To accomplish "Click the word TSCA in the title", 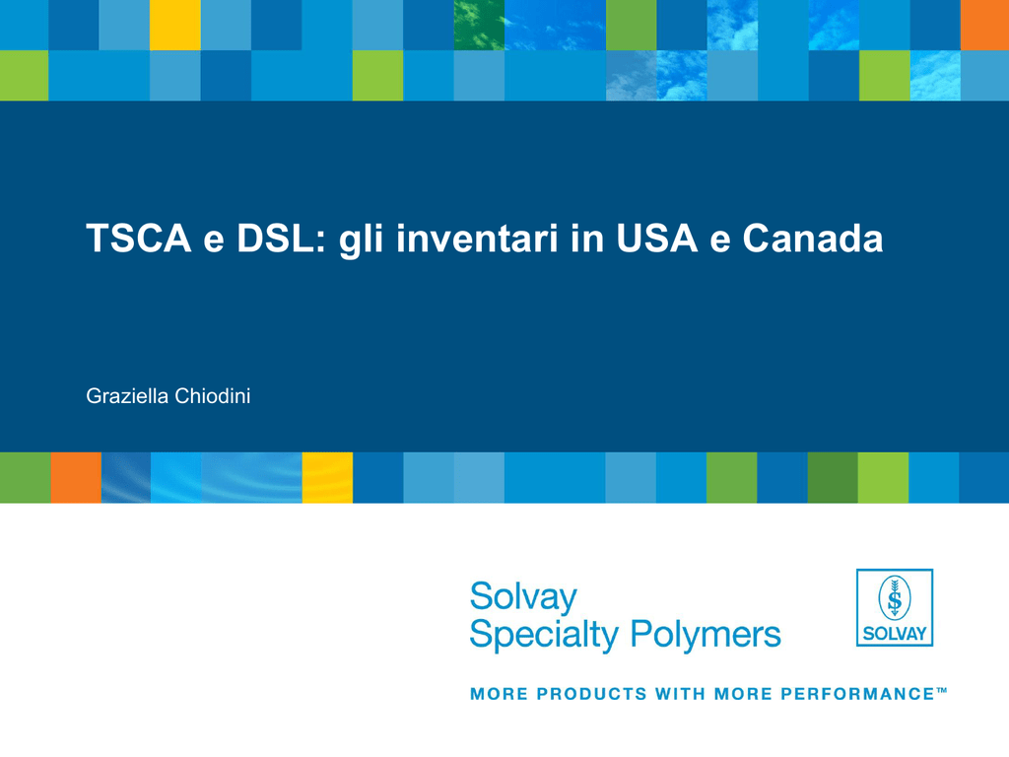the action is pyautogui.click(x=139, y=239).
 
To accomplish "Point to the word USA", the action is pyautogui.click(x=656, y=239).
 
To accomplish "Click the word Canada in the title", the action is pyautogui.click(x=813, y=239).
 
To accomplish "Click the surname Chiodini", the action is pyautogui.click(x=213, y=396).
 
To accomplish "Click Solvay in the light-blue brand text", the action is pyautogui.click(x=523, y=597).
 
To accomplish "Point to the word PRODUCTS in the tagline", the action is pyautogui.click(x=591, y=694).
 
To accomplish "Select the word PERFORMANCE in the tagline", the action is pyautogui.click(x=857, y=694).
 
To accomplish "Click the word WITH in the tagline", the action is pyautogui.click(x=680, y=694).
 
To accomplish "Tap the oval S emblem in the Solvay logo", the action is pyautogui.click(x=895, y=598).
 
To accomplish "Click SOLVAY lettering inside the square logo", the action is pyautogui.click(x=895, y=634).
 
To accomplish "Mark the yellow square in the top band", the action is pyautogui.click(x=175, y=25).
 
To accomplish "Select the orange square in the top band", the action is pyautogui.click(x=984, y=25).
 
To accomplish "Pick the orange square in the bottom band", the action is pyautogui.click(x=76, y=478).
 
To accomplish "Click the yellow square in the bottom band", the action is pyautogui.click(x=327, y=478).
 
